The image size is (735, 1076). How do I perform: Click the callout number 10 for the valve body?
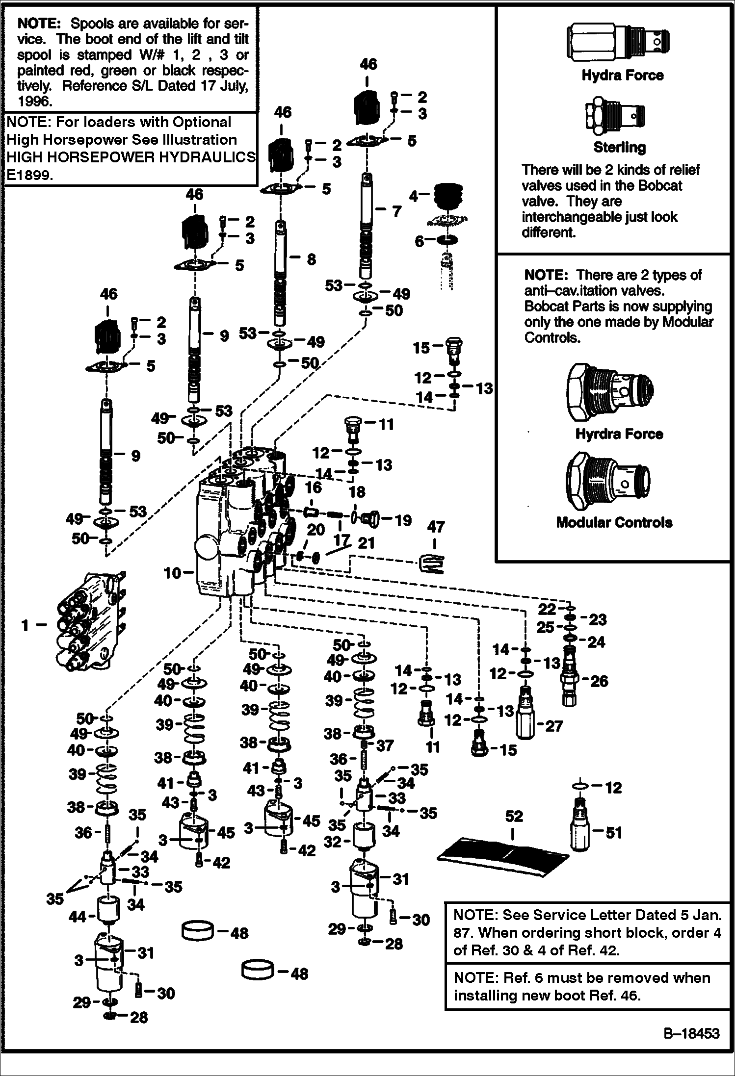click(172, 572)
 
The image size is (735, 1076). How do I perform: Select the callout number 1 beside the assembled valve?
click(25, 625)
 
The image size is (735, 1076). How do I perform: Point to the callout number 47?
click(435, 527)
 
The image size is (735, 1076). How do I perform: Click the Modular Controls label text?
click(614, 522)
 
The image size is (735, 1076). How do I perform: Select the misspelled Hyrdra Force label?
click(619, 434)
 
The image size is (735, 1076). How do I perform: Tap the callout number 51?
click(614, 832)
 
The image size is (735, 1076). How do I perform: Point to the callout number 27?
click(554, 726)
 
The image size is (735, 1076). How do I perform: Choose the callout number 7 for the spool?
click(396, 211)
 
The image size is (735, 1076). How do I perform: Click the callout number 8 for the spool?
click(311, 259)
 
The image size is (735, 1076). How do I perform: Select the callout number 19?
click(403, 520)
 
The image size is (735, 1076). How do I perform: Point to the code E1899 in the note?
click(29, 176)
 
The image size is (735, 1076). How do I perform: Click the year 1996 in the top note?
click(34, 102)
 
